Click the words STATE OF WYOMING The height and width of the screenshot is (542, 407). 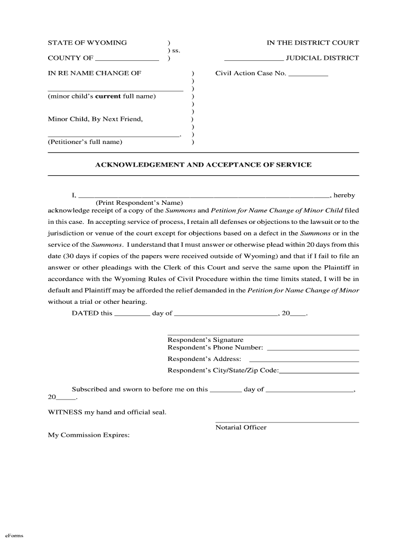pos(87,43)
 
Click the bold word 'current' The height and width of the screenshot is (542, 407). pos(108,96)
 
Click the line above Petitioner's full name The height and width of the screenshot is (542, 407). pos(114,137)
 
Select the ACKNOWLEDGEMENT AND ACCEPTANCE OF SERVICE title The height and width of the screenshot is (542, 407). pos(203,165)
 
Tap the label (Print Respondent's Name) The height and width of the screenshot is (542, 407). pos(139,203)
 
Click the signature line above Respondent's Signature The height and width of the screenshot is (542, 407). pos(263,335)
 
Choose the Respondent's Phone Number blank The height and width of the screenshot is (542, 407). pos(313,350)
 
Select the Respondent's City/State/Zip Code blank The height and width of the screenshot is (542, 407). pos(319,373)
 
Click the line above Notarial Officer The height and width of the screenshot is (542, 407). pos(287,422)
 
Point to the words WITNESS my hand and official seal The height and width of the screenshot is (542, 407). pos(107,412)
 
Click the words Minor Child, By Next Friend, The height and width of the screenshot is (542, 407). pos(95,119)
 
